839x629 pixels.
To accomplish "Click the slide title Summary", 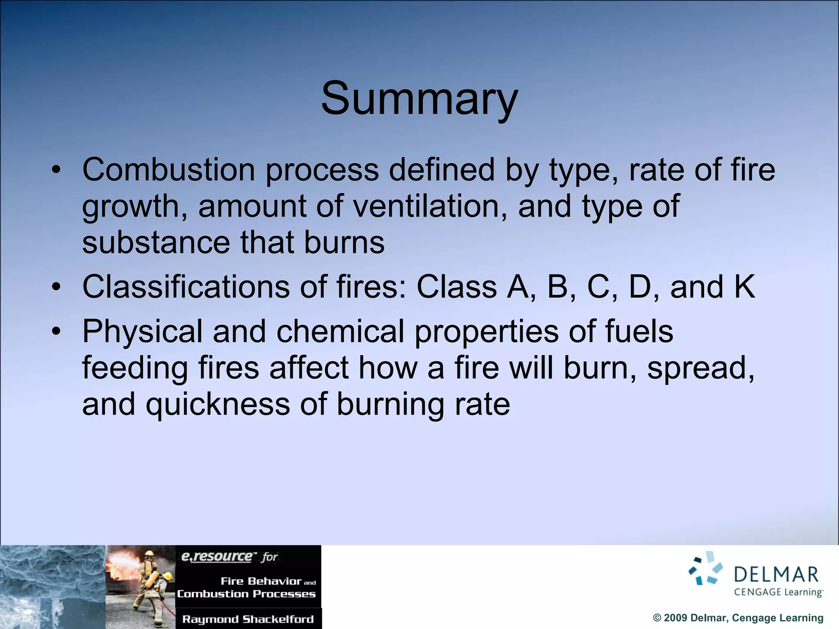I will (419, 99).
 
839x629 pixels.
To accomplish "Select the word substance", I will (156, 242).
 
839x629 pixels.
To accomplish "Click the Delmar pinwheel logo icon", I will (706, 568).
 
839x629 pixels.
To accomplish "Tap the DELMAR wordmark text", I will (776, 575).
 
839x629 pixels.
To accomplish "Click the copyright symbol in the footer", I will (657, 618).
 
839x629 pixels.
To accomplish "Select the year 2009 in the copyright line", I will (676, 618).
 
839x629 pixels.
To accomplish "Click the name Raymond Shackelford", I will (248, 619).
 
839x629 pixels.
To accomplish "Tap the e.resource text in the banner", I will (217, 557).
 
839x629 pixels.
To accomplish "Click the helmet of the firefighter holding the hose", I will (149, 554).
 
